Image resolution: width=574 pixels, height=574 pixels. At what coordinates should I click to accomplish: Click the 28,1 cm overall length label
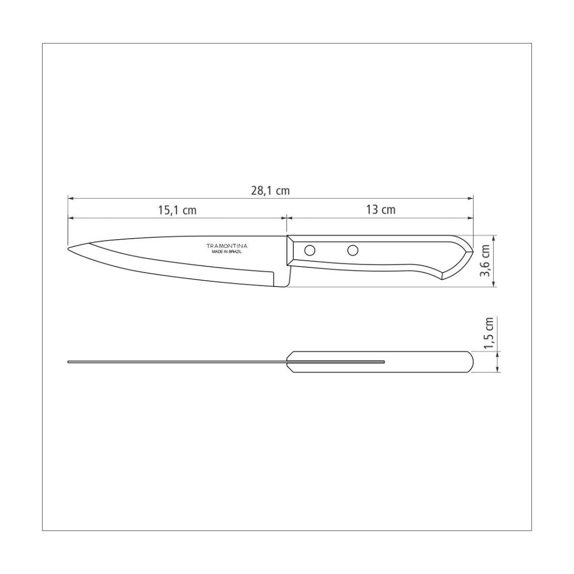270,191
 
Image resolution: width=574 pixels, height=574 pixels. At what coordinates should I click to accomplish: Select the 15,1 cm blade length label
177,210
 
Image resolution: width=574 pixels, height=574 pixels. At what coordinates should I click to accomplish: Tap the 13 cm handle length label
381,210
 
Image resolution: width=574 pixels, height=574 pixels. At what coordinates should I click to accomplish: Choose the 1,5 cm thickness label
489,333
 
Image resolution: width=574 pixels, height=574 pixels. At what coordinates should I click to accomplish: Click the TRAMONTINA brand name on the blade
227,246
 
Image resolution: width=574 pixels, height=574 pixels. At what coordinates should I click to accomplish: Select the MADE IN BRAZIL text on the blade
227,252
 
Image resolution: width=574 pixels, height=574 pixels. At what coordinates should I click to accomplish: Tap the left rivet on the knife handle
310,250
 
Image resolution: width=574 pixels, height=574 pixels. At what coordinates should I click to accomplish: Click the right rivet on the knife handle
353,250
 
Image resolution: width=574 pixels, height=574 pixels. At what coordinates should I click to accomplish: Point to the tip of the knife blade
68,249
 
